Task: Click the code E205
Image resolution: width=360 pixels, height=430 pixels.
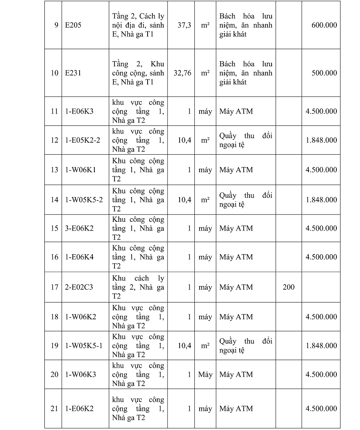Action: (x=74, y=25)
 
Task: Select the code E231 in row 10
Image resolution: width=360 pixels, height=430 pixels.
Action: (x=73, y=73)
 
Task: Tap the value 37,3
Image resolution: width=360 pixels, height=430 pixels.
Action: (x=184, y=25)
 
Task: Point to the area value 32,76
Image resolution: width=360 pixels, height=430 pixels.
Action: (x=182, y=73)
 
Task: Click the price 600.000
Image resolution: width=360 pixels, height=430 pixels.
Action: (x=324, y=25)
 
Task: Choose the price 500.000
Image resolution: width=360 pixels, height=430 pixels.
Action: (x=324, y=73)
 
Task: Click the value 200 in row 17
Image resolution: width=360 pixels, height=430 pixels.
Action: (x=288, y=287)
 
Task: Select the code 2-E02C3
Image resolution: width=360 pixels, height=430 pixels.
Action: (x=79, y=287)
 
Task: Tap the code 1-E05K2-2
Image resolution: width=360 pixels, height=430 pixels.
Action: (x=83, y=140)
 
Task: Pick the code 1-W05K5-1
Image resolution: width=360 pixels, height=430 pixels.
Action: (x=84, y=346)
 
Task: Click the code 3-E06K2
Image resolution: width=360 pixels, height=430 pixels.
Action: (x=79, y=229)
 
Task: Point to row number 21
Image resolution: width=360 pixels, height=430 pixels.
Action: (x=54, y=408)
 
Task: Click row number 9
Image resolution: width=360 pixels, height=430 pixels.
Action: (x=56, y=25)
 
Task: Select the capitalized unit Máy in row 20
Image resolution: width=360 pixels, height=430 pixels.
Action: (x=205, y=375)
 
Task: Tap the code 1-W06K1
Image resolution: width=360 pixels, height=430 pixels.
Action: (x=80, y=170)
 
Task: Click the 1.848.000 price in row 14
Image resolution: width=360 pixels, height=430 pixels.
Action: (x=321, y=199)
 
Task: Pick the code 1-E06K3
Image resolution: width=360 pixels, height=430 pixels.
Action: (x=79, y=111)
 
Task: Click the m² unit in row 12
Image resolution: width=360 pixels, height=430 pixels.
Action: (x=205, y=140)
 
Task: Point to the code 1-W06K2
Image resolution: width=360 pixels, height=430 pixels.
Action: (x=80, y=317)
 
